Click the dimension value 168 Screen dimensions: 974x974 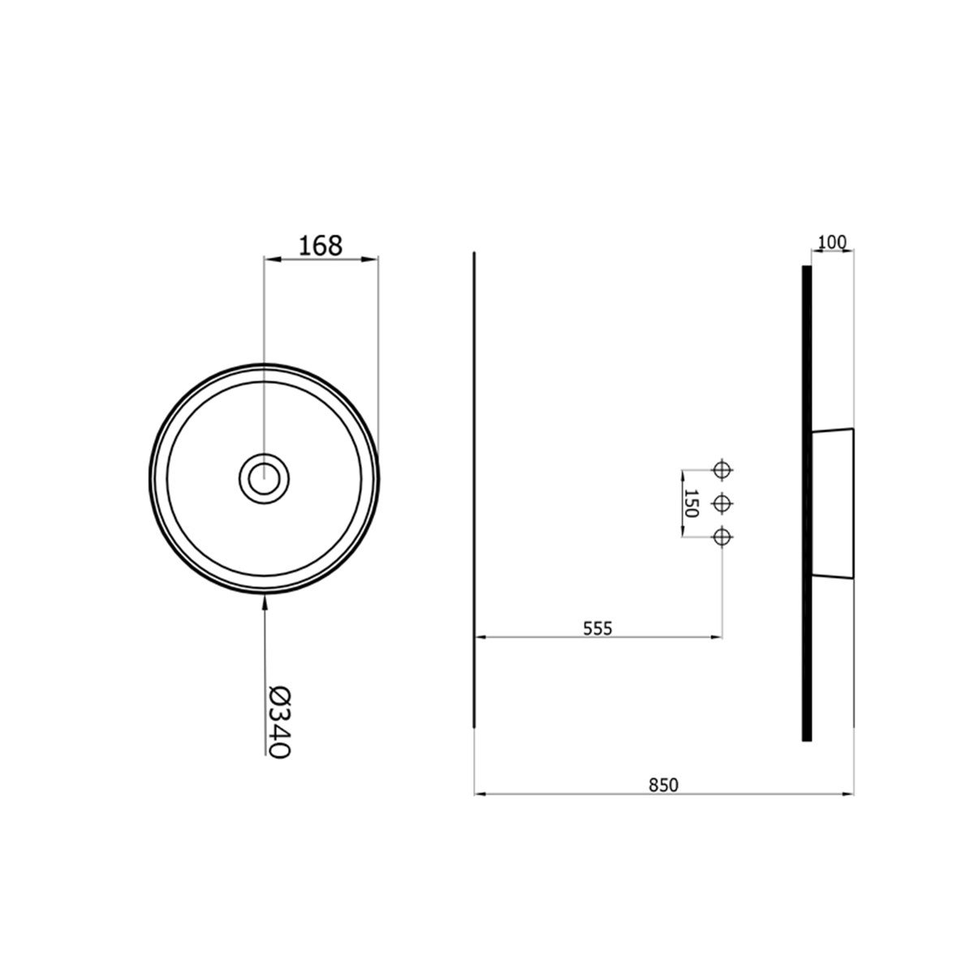(321, 246)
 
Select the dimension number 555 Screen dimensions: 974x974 (597, 628)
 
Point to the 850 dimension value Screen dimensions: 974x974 (664, 785)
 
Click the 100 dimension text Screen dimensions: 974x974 (831, 243)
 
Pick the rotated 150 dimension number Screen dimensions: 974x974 (691, 503)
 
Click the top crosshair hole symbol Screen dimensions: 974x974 (722, 470)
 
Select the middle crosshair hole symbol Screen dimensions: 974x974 (722, 503)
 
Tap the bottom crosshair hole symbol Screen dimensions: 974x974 (722, 537)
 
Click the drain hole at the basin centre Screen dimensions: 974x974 (264, 479)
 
